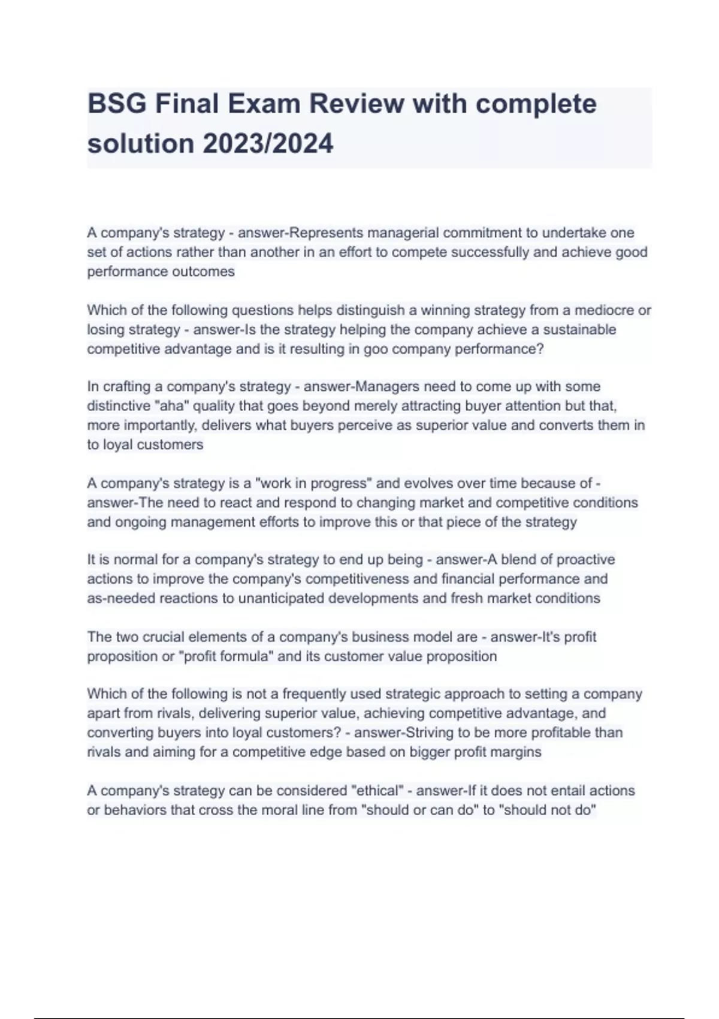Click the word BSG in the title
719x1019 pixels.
116,104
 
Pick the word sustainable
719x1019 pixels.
579,329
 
